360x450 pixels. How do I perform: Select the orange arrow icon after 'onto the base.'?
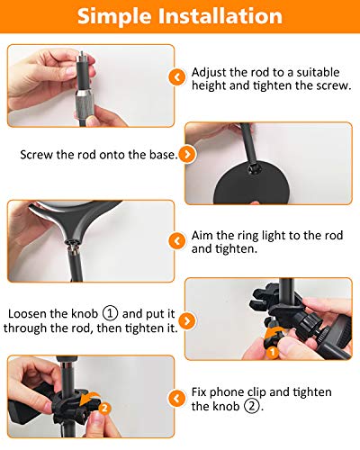click(185, 155)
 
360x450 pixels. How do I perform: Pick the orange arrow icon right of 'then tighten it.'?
click(185, 321)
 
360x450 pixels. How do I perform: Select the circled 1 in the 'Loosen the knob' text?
click(111, 314)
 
